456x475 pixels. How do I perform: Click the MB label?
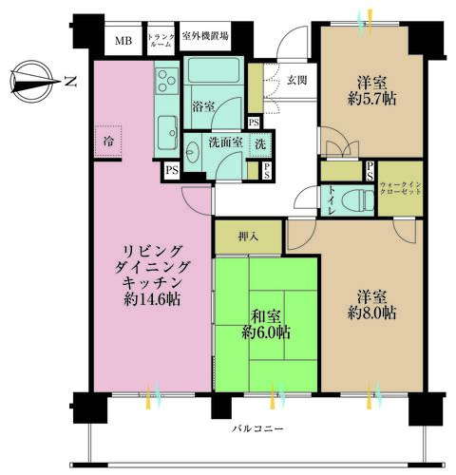coord(123,41)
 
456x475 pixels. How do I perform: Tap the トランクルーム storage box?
coord(161,38)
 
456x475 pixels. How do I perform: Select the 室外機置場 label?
coord(205,36)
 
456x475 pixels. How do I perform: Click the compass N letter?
coord(70,82)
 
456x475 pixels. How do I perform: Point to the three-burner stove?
coord(166,81)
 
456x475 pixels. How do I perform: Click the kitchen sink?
coord(167,132)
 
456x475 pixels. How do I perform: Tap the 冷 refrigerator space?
coord(108,142)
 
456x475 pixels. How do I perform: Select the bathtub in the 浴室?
coord(214,70)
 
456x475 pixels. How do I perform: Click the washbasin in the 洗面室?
coord(192,152)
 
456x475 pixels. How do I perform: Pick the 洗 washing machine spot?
coord(260,144)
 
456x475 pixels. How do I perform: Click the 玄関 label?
coord(296,80)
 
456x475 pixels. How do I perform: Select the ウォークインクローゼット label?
coord(401,188)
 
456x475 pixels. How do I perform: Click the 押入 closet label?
coord(248,237)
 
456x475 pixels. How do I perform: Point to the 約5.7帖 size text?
coord(371,99)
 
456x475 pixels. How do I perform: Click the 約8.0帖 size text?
coord(371,313)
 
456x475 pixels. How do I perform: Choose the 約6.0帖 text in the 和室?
coord(266,332)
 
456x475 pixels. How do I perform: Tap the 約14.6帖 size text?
coord(152,299)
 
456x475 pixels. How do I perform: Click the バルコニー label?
coord(258,429)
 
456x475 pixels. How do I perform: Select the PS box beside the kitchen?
coord(172,170)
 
